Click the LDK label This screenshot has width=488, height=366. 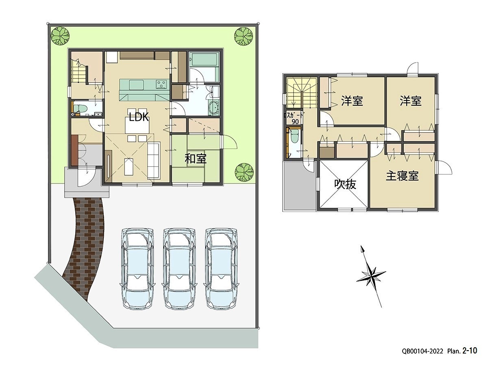tap(139, 118)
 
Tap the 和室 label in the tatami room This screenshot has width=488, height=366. tap(196, 159)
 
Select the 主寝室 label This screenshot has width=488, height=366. tap(402, 176)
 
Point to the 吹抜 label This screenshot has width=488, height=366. tap(345, 184)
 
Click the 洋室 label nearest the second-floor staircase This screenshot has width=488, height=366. tap(352, 101)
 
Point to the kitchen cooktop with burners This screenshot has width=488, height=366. tap(161, 85)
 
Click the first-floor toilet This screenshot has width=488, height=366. tap(80, 109)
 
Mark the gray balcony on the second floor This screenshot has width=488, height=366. tap(299, 187)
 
